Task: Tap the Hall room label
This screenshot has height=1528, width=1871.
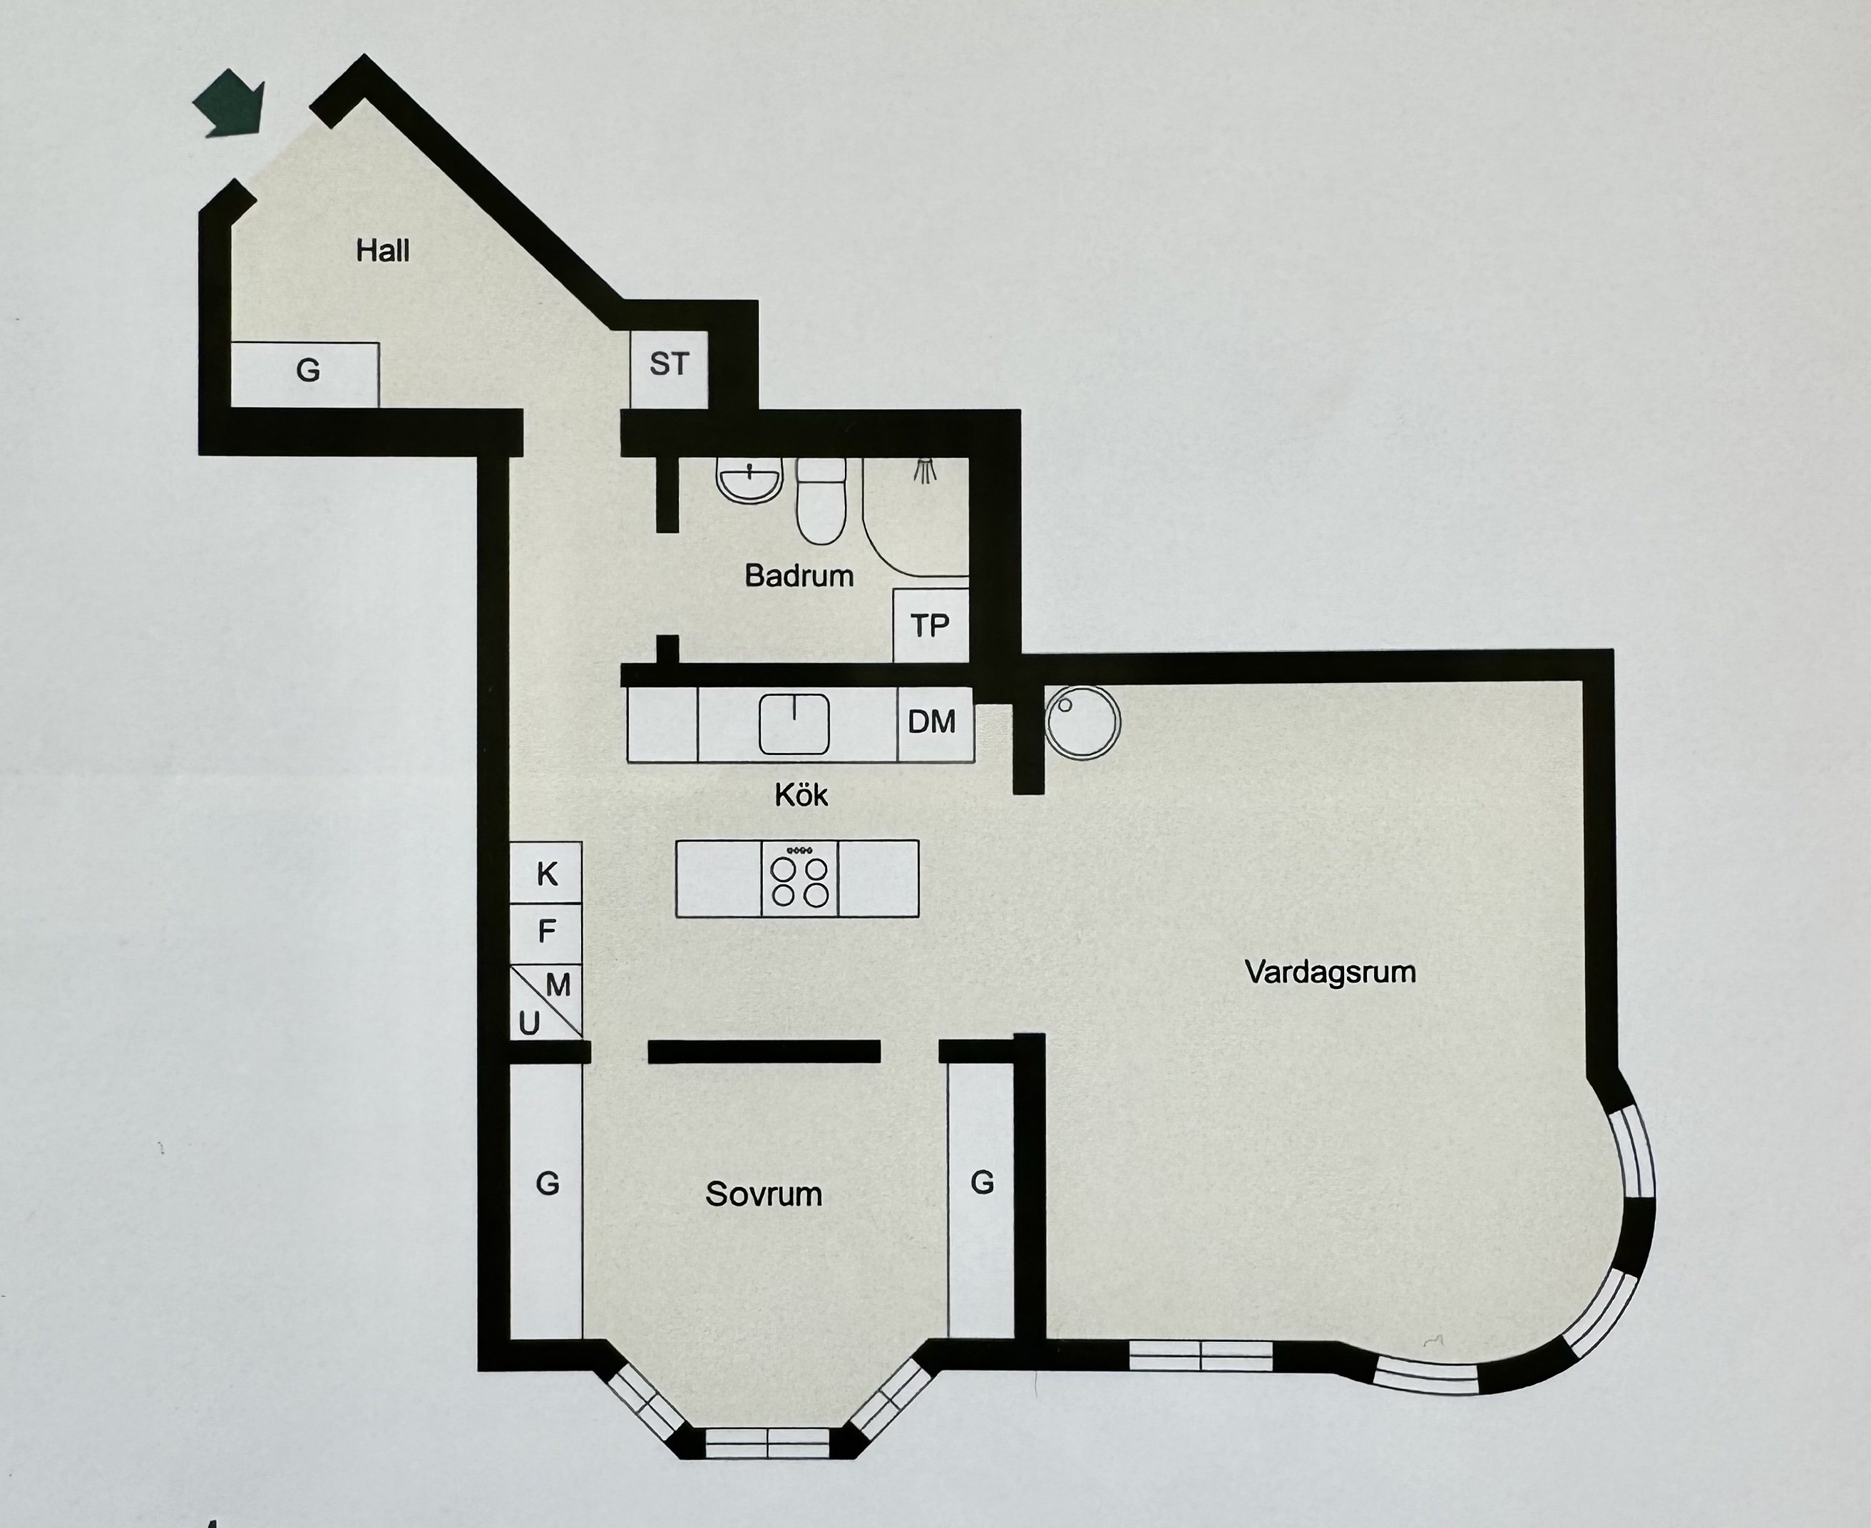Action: [383, 251]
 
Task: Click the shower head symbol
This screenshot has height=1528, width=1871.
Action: [924, 471]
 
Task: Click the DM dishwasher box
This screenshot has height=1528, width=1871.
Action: [933, 722]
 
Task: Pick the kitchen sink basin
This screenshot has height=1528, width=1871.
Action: [794, 724]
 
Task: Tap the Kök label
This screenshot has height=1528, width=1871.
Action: [801, 795]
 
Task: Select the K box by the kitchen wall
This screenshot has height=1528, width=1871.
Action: [546, 873]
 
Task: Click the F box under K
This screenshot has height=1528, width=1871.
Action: [546, 931]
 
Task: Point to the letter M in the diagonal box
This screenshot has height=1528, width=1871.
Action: [559, 985]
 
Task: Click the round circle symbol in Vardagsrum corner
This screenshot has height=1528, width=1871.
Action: [1083, 722]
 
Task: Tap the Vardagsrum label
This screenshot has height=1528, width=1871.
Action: [1330, 973]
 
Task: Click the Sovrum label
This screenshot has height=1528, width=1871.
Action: [764, 1194]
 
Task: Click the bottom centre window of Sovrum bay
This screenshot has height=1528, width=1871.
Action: [767, 1443]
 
